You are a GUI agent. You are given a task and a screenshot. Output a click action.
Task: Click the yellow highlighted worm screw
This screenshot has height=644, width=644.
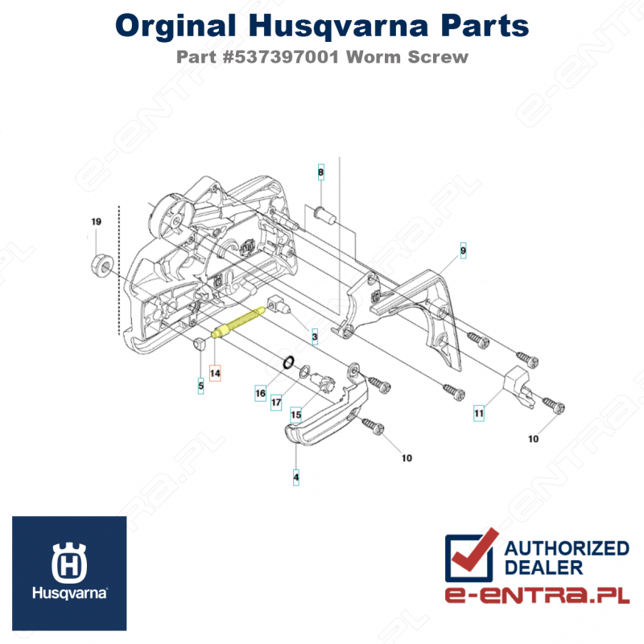coord(238,323)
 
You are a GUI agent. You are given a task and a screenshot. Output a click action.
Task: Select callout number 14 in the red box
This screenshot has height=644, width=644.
coord(215,373)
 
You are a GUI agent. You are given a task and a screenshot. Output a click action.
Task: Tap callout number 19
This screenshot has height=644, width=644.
coord(96,222)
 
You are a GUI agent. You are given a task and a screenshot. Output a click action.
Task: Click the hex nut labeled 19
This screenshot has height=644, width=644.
coord(101,265)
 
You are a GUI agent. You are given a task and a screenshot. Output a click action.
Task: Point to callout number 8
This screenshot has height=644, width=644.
coord(320,172)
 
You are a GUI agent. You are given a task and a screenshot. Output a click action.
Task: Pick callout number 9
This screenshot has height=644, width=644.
coord(464,250)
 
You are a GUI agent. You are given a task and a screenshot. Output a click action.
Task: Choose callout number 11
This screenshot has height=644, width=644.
coord(479,413)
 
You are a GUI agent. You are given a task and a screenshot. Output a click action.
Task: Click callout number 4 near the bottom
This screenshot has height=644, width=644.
coord(296,477)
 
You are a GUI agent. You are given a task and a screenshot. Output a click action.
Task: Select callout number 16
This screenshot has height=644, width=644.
coord(260,393)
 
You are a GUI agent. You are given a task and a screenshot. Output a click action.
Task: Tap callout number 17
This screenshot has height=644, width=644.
coord(276,402)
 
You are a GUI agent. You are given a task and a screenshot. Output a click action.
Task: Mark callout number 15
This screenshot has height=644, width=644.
coord(295,415)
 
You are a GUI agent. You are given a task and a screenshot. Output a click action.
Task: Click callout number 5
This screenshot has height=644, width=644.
coord(200,386)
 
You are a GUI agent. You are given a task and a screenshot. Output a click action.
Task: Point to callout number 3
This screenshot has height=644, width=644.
coord(315,336)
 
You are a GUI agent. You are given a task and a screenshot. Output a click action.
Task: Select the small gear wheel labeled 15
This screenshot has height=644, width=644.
coord(324,382)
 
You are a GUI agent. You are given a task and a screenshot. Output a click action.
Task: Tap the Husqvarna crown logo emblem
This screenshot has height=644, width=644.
coord(69,563)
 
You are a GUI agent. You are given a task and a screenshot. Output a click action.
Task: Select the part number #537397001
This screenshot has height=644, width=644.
coord(280,56)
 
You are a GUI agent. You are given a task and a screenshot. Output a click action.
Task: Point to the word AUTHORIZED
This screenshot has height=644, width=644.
coord(567,548)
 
